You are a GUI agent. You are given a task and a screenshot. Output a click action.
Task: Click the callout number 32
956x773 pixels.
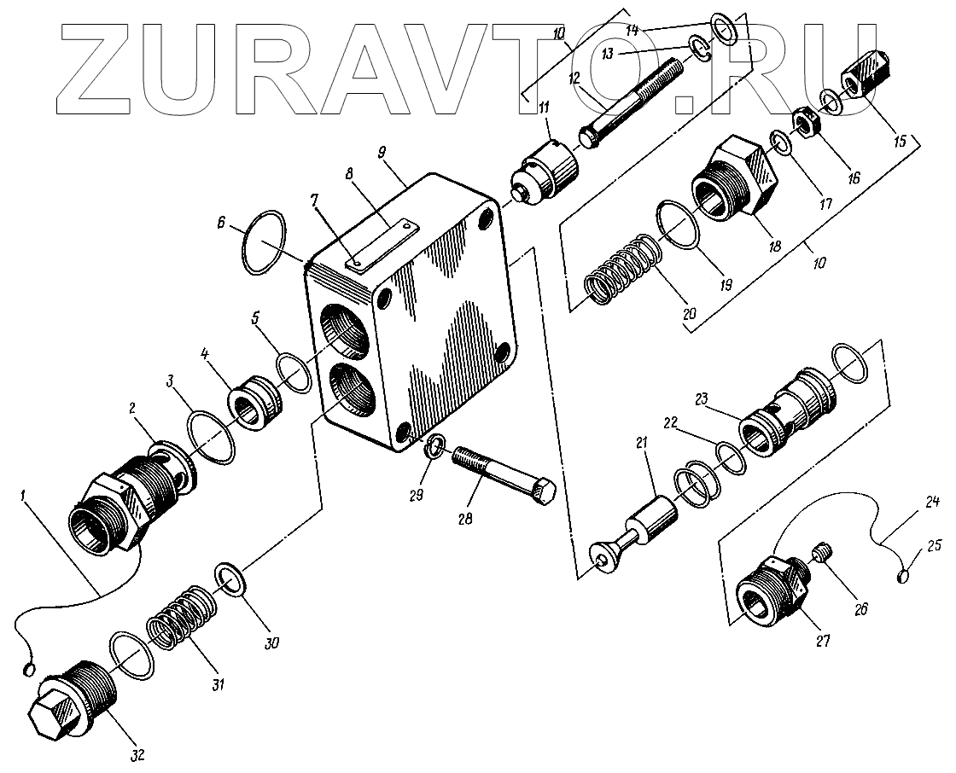coord(137,754)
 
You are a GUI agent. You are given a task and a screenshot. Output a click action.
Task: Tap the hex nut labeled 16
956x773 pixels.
coord(805,120)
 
